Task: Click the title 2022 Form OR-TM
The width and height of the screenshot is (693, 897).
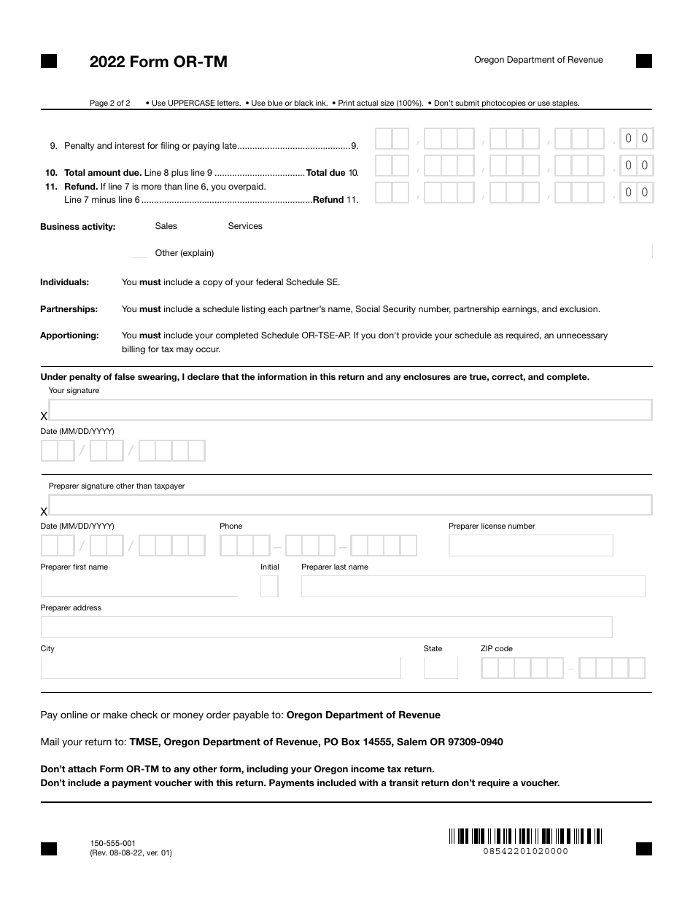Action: coord(158,62)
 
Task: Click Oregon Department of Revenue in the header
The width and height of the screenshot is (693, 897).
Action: coord(538,60)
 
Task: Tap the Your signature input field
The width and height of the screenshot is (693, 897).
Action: coord(349,410)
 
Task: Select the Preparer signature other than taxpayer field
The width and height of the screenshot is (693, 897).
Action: coord(349,505)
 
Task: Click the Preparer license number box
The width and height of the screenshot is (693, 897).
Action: coord(530,545)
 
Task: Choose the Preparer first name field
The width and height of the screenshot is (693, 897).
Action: coord(139,586)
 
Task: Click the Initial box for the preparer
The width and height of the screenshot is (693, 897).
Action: coord(269,586)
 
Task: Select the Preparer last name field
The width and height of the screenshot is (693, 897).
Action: coord(473,586)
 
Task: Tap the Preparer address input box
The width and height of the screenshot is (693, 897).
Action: coord(326,627)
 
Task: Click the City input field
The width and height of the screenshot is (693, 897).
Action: coord(220,668)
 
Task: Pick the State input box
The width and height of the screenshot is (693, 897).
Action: coord(441,668)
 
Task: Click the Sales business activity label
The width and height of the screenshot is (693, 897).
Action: coord(166,226)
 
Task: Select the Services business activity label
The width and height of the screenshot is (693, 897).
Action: coord(245,226)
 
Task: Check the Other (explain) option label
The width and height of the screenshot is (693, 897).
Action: coord(185,253)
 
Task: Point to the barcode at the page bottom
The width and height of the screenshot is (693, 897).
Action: coord(525,836)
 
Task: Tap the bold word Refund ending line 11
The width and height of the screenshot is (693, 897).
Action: coord(328,200)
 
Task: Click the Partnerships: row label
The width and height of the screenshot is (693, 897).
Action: coord(69,309)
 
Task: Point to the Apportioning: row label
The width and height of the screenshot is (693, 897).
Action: coord(69,335)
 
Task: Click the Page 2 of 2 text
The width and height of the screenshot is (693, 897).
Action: coord(110,103)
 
